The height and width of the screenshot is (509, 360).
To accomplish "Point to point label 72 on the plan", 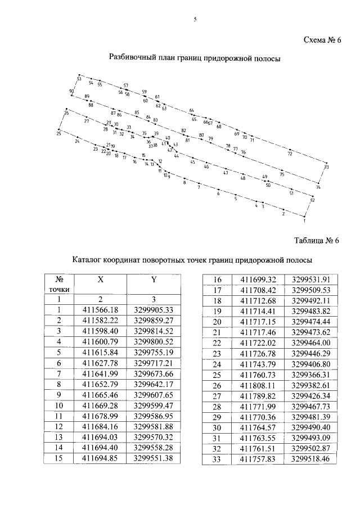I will pos(290,152).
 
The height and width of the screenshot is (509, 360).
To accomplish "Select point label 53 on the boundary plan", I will pos(79,79).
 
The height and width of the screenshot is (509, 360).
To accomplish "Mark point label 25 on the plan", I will pos(58,133).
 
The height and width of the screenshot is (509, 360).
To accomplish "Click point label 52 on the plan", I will pos(312,200).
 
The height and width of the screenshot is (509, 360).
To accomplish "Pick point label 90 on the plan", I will pos(71,91).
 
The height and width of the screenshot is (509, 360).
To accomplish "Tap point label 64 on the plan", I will pos(191,110).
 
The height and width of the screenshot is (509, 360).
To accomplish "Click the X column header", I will pos(100,279).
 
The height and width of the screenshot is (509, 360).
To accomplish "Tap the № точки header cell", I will pos(59,284).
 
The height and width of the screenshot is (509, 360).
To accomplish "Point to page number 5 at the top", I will pos(195,20).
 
